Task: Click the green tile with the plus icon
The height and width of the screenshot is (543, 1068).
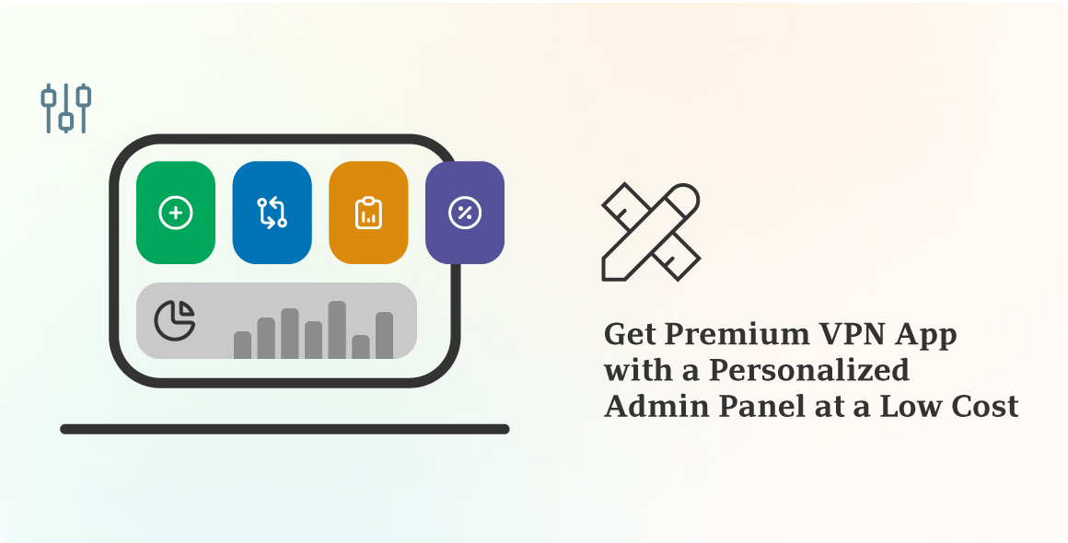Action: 176,213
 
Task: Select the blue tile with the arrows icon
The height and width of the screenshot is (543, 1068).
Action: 272,213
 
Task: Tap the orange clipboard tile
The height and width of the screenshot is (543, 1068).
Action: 368,213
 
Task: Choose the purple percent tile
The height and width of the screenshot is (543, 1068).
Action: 464,213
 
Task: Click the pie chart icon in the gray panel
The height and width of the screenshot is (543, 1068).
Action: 175,319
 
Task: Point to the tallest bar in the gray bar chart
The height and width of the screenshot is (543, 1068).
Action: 337,329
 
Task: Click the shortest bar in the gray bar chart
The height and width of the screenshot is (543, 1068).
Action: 361,346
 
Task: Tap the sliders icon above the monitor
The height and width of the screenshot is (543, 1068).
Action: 66,108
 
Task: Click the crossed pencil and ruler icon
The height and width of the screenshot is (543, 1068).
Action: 651,231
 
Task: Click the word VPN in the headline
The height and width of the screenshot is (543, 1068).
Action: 848,334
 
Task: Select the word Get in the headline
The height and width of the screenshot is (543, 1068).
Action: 627,334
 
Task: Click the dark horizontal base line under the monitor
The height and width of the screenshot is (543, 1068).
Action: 284,429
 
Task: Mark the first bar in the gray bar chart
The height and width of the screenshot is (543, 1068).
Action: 242,345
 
